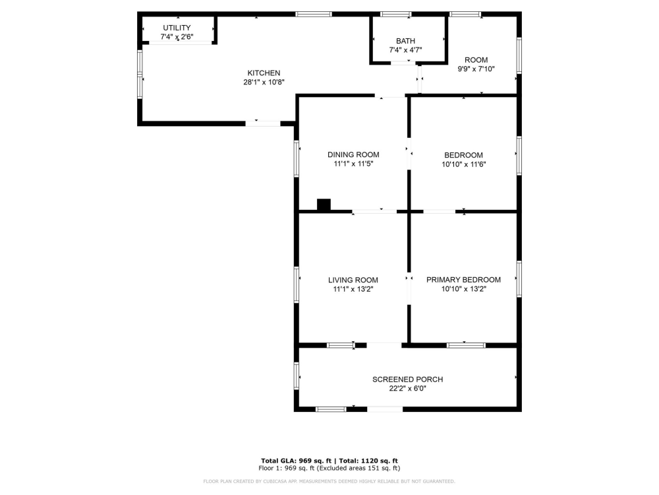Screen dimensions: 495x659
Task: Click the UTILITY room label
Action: pos(177,28)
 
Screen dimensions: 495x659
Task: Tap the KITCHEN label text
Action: pos(264,73)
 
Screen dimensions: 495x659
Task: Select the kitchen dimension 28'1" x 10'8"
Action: pos(264,82)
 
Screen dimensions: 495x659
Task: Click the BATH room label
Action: pos(405,41)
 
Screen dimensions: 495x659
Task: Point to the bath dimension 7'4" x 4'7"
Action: pos(405,50)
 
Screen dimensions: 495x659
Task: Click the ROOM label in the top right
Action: pos(476,60)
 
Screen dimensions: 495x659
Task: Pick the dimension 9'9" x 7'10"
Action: pos(476,69)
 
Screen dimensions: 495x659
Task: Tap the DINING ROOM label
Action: pos(353,154)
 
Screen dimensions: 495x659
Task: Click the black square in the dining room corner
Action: pos(324,205)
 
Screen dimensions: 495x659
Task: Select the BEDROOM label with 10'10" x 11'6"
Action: pos(463,155)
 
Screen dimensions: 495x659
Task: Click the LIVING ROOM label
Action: pos(353,280)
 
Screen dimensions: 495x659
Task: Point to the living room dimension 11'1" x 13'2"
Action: pos(353,289)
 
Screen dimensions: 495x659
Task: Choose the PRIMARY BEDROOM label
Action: pos(463,280)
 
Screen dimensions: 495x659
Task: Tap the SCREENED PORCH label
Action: pos(407,379)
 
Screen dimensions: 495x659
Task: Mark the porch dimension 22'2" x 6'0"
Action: pos(407,389)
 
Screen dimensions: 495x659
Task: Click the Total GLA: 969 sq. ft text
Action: pos(297,461)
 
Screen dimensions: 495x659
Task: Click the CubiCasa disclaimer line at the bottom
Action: pos(329,481)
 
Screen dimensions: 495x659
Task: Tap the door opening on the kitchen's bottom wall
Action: pos(262,123)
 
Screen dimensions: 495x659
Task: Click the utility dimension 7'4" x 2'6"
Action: pos(177,37)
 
